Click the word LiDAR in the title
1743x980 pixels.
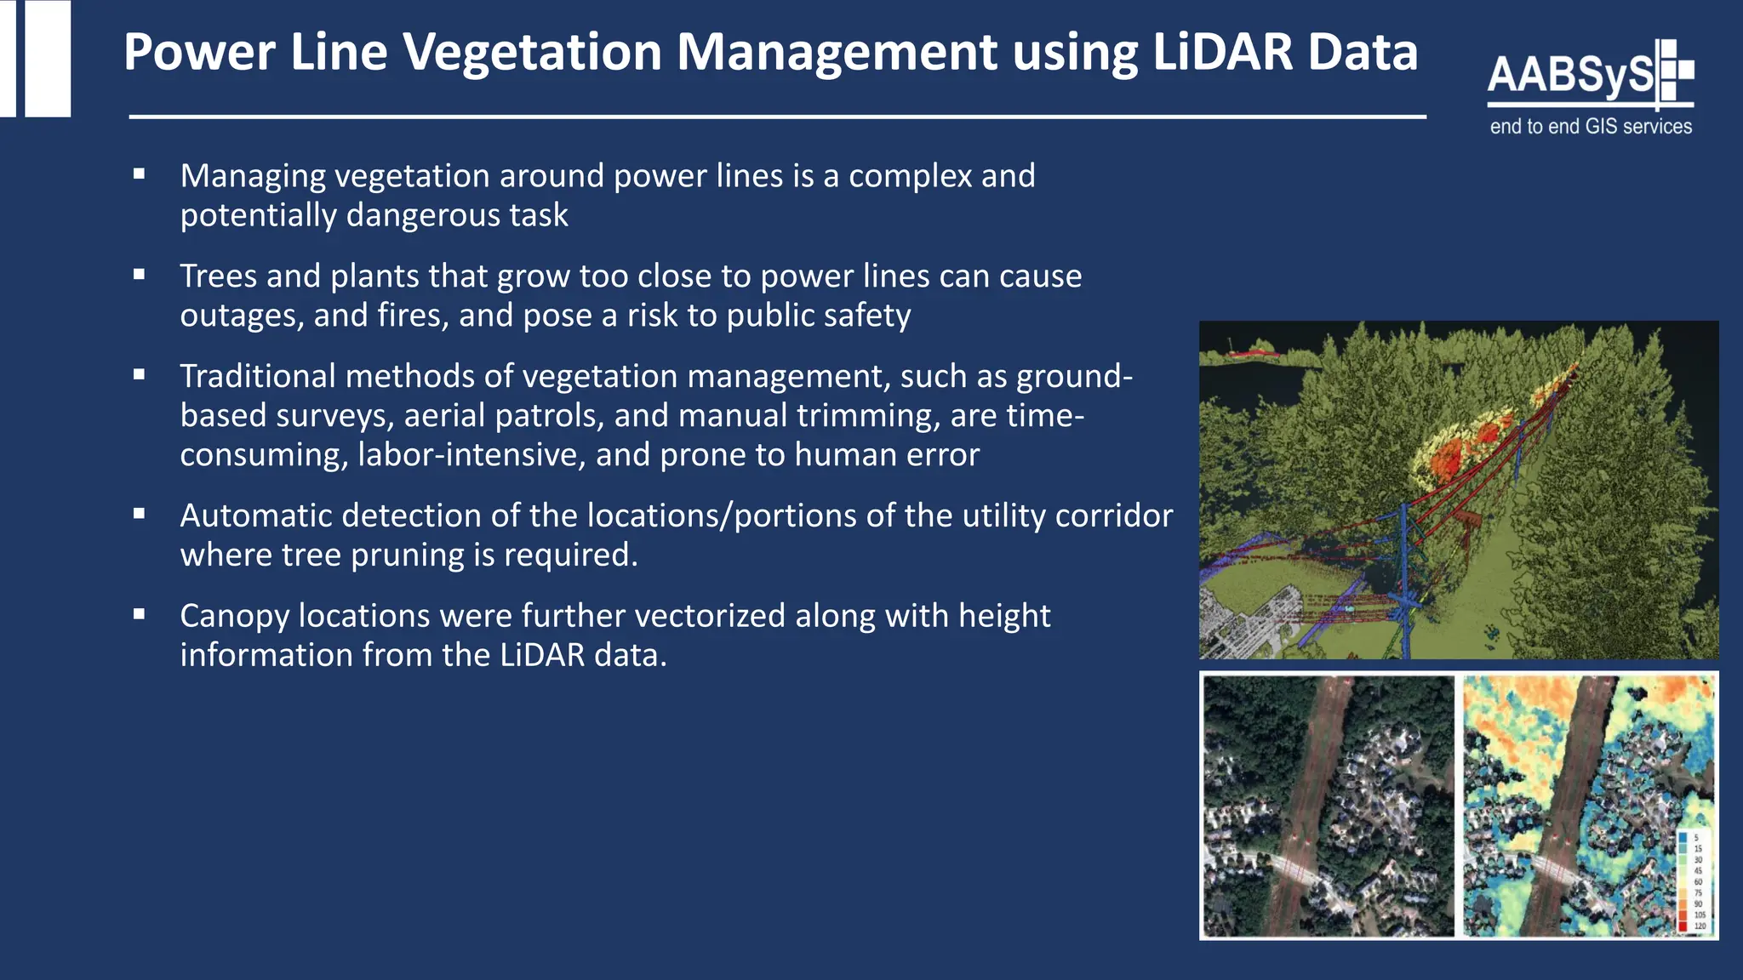1223,53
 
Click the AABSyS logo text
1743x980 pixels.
1571,75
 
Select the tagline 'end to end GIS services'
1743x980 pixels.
1591,127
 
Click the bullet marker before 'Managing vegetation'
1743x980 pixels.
140,174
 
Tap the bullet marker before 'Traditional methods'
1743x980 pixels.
140,374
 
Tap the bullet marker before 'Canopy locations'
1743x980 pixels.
140,614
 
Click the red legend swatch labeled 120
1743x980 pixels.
1683,926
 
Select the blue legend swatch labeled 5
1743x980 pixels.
1683,838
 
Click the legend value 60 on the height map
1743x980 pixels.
1698,882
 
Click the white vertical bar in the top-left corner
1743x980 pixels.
48,58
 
